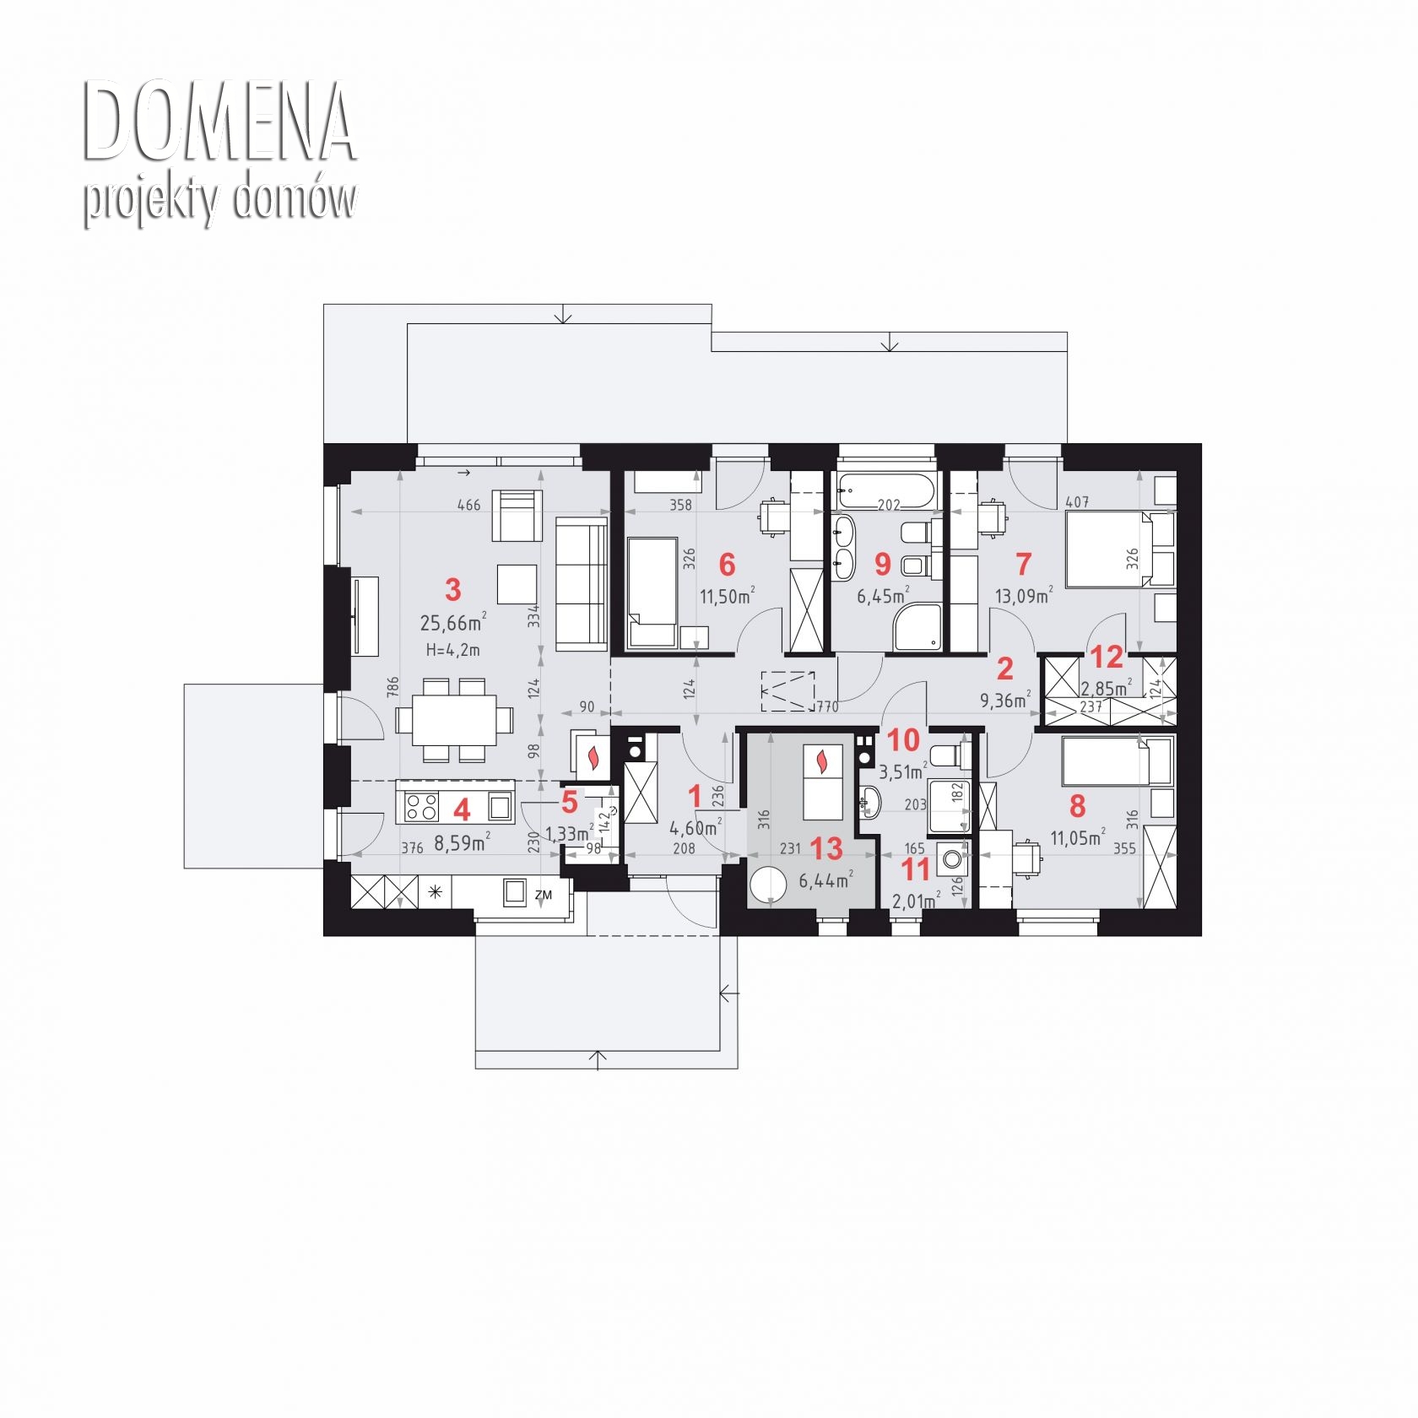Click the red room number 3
tap(453, 590)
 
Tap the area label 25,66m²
tap(453, 623)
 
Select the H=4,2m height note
tap(453, 650)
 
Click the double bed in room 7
tap(1110, 549)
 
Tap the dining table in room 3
tap(454, 720)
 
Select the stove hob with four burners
tap(422, 808)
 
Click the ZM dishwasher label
tap(543, 895)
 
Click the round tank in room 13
tap(769, 886)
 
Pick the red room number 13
tap(826, 848)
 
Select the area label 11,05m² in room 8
tap(1078, 838)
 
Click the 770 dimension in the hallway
tap(827, 706)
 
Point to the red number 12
tap(1107, 657)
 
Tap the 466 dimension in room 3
tap(468, 505)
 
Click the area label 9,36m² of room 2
tap(1004, 700)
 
